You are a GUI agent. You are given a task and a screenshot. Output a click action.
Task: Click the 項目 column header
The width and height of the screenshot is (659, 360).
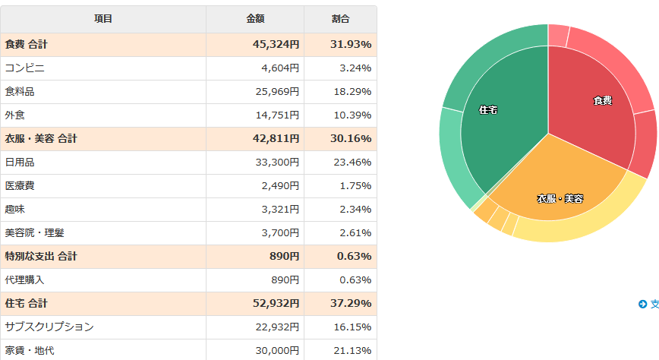coord(103,19)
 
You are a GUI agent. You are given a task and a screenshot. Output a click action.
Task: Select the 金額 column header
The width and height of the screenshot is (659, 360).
coord(255,19)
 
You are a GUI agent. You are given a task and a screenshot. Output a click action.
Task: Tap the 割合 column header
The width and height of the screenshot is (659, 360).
coord(341,19)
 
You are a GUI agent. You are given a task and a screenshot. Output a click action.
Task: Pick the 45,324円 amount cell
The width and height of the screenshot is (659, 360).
coord(276,45)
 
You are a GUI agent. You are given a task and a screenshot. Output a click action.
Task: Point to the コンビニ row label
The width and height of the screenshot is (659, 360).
coord(25,68)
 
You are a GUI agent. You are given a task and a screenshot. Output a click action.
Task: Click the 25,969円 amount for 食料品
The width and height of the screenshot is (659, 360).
coord(279,92)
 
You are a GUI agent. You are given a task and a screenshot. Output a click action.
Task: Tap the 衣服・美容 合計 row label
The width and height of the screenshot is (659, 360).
coord(41,139)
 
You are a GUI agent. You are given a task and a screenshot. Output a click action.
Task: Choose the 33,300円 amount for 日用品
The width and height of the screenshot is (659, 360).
coord(279,163)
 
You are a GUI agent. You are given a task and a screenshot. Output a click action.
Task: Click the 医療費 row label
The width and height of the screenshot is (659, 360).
coord(20,186)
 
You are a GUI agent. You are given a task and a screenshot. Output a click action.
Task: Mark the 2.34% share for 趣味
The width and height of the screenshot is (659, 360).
coord(355,210)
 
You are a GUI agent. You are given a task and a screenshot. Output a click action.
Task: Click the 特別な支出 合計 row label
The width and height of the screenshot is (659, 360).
coord(41,257)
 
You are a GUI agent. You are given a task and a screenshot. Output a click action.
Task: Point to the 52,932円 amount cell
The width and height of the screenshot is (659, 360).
coord(276,304)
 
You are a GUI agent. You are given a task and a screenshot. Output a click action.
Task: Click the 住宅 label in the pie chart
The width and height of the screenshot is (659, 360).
coord(489,110)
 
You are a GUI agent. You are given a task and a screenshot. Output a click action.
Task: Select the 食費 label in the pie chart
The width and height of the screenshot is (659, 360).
coord(603,100)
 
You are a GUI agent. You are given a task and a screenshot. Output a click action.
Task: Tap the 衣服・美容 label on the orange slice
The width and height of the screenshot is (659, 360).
coord(560,199)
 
